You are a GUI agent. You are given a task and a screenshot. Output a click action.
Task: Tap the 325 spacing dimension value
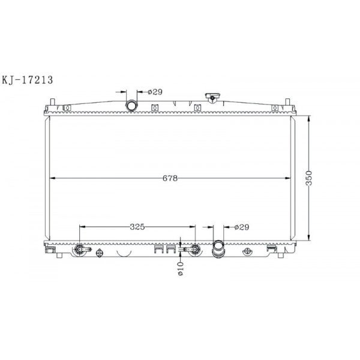pyautogui.click(x=137, y=227)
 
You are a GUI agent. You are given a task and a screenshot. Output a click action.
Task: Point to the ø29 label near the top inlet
pyautogui.click(x=155, y=92)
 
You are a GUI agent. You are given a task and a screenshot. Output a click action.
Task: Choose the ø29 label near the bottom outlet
pyautogui.click(x=241, y=227)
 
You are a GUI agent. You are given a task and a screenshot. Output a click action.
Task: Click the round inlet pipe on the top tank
pyautogui.click(x=131, y=106)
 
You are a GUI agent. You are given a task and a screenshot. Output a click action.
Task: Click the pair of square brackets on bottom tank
pyautogui.click(x=160, y=250)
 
